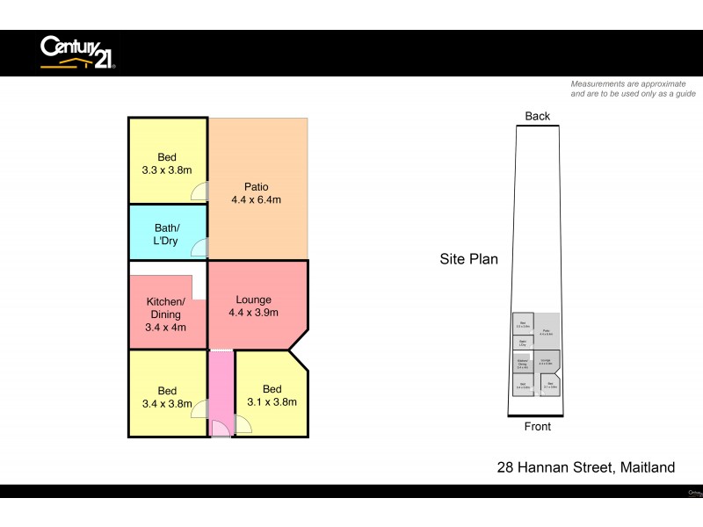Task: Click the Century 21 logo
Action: tap(77, 52)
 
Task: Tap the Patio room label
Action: tap(257, 186)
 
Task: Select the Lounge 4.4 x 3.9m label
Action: tap(255, 307)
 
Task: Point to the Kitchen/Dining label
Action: tap(165, 307)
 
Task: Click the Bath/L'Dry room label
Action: tap(167, 233)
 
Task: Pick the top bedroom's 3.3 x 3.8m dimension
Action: tap(167, 171)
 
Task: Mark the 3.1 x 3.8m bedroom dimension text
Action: tap(272, 402)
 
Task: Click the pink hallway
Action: tap(222, 386)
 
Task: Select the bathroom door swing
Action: tap(201, 247)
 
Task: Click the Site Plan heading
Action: tap(469, 259)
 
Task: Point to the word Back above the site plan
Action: tap(537, 116)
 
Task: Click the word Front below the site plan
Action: tap(537, 427)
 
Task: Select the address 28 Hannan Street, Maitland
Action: tap(586, 467)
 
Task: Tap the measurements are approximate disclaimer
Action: tap(633, 88)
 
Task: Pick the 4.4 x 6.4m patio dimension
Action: tap(256, 199)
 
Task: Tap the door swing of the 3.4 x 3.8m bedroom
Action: tap(201, 408)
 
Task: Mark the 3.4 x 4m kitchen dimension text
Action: tap(165, 328)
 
